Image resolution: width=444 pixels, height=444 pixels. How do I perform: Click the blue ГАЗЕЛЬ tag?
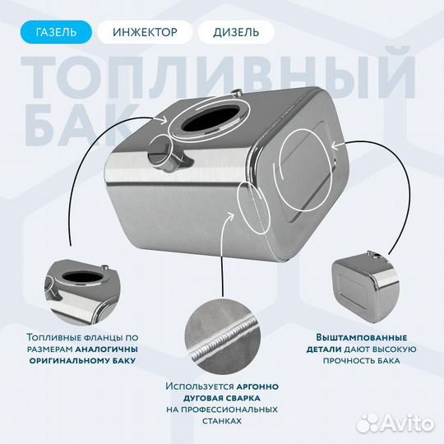pyautogui.click(x=57, y=33)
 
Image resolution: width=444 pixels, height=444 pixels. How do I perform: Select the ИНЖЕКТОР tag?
pyautogui.click(x=144, y=33)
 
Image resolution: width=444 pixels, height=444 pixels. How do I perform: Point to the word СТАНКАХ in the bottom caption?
pyautogui.click(x=221, y=420)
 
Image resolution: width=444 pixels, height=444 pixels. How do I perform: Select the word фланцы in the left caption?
pyautogui.click(x=108, y=336)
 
